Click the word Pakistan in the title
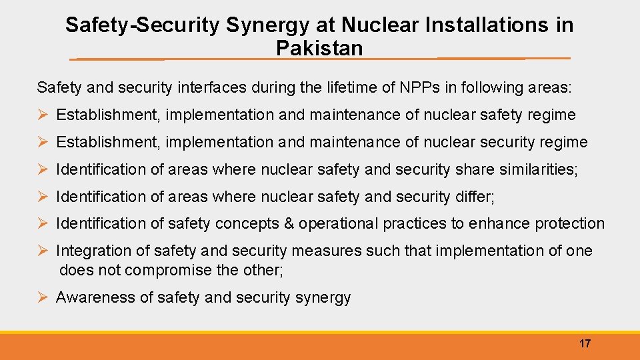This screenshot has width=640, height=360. [319, 48]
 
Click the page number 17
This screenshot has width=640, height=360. [585, 343]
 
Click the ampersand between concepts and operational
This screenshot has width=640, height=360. [289, 223]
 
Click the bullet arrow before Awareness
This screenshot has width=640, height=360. [43, 297]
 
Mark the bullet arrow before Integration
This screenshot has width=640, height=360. [43, 251]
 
